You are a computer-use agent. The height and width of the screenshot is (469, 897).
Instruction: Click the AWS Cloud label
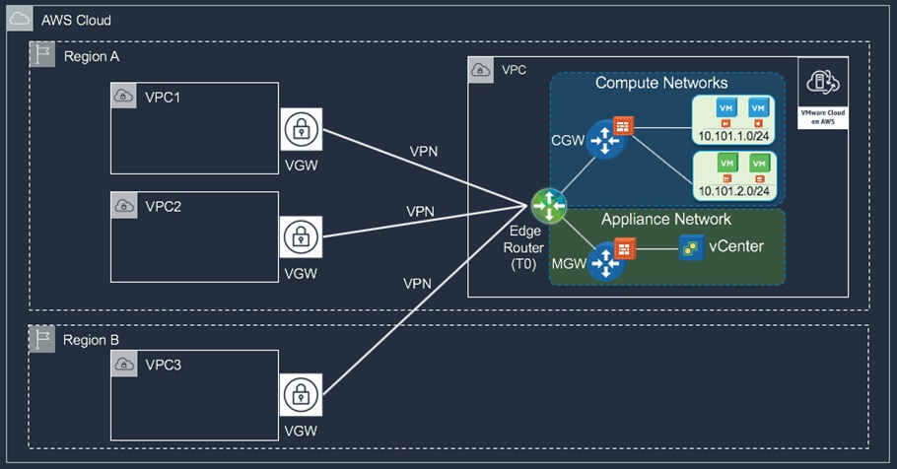tap(76, 20)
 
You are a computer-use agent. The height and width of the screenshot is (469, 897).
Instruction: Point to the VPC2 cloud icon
tap(124, 206)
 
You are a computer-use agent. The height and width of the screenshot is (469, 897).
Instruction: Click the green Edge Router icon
tap(547, 205)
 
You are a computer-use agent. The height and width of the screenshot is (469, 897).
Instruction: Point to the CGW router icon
tap(599, 142)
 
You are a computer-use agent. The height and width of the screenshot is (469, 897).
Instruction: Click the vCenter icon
tap(690, 246)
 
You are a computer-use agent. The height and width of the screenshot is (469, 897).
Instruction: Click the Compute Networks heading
tap(660, 83)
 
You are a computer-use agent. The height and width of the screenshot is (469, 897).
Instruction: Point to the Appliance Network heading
tap(665, 219)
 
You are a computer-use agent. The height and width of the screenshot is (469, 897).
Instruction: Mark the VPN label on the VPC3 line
tap(418, 284)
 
